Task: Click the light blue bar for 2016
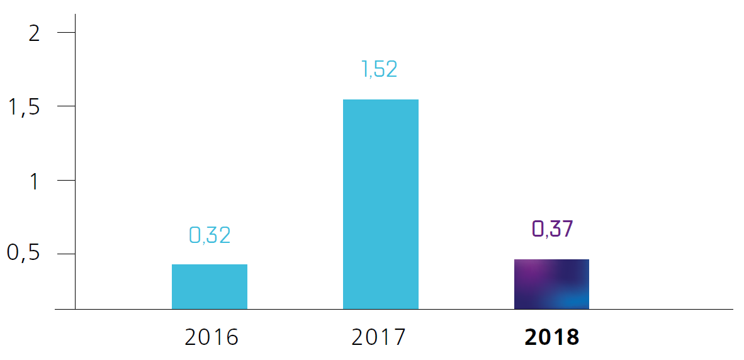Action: click(x=210, y=286)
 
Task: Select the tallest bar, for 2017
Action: click(x=380, y=204)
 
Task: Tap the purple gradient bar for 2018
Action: click(x=551, y=284)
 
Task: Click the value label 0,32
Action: click(x=210, y=235)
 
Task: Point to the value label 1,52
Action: click(x=380, y=69)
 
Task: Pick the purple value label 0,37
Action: click(x=552, y=229)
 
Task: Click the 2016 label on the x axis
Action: click(x=211, y=337)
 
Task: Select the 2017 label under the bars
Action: click(x=379, y=337)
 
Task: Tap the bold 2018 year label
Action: click(x=551, y=337)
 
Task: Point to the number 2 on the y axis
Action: click(x=35, y=33)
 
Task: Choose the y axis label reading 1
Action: click(x=35, y=181)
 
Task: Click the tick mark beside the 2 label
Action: click(x=65, y=32)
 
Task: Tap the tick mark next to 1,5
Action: click(x=65, y=106)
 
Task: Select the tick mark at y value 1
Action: click(x=65, y=180)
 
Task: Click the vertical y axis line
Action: click(x=75, y=157)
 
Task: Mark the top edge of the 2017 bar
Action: click(x=380, y=100)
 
